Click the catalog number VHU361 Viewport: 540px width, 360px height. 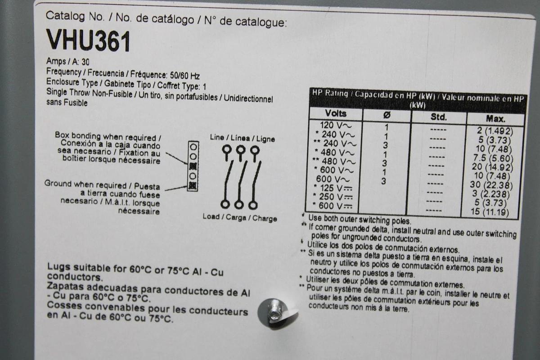tap(89, 41)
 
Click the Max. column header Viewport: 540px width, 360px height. tap(495, 119)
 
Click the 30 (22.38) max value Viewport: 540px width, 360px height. tap(494, 185)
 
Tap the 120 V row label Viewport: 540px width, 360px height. tap(335, 125)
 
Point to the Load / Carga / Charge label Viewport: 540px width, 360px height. tap(239, 218)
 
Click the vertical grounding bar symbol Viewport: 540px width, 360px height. tap(193, 165)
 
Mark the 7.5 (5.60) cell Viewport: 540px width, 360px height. tap(495, 158)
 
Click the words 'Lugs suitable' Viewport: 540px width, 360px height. tap(75, 268)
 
